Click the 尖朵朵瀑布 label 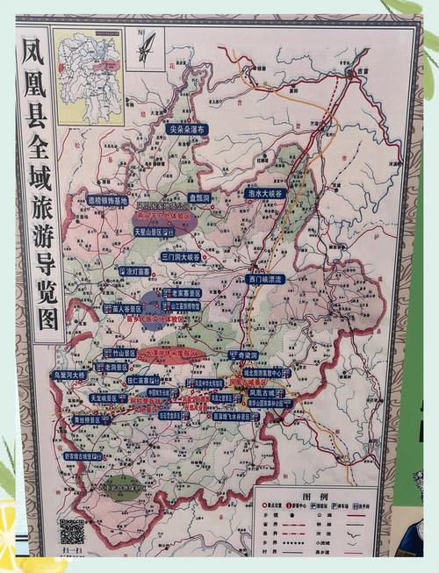[x=188, y=129]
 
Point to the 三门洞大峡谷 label [x=181, y=257]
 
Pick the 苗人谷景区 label [x=123, y=309]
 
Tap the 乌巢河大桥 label [x=68, y=375]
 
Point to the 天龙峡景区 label [x=108, y=398]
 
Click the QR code [x=72, y=530]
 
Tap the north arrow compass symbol [x=145, y=46]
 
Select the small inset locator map [x=88, y=65]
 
